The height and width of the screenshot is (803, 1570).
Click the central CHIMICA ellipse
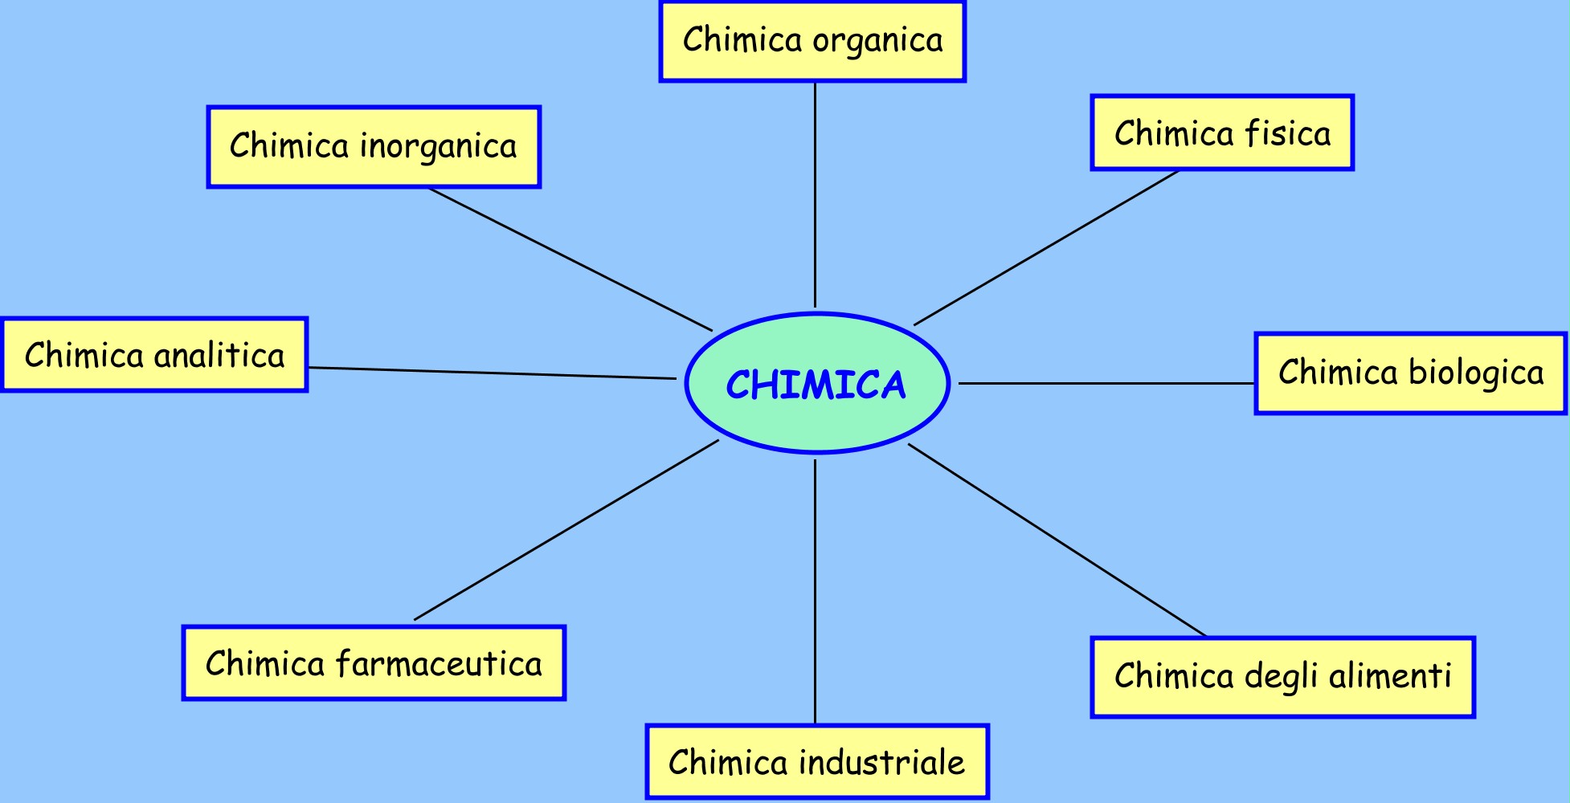817,383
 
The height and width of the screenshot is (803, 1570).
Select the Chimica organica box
812,41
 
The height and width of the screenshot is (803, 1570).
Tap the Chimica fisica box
1222,133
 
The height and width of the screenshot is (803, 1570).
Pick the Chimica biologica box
1411,373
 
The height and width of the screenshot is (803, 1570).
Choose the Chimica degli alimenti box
1282,677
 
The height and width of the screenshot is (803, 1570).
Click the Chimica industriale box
817,762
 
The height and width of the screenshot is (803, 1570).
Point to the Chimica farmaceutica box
374,663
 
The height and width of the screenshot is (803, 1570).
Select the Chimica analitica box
154,355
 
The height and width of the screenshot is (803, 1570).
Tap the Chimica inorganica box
374,147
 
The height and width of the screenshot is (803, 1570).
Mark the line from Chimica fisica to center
1046,248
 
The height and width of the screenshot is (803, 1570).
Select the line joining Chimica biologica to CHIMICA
1106,383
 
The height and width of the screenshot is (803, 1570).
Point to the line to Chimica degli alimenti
1057,540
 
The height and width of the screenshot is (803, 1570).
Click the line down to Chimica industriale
815,592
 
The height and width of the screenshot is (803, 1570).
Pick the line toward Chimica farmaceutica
566,530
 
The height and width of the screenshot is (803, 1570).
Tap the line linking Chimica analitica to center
492,373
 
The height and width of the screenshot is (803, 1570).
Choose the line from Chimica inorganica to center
570,259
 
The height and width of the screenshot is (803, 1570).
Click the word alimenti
1390,676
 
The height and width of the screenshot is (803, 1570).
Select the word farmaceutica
439,664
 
